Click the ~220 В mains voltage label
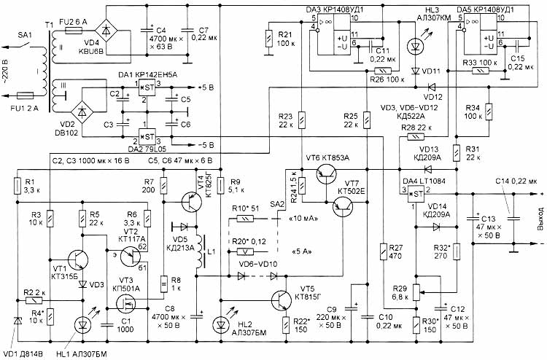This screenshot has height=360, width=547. [x=7, y=69]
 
